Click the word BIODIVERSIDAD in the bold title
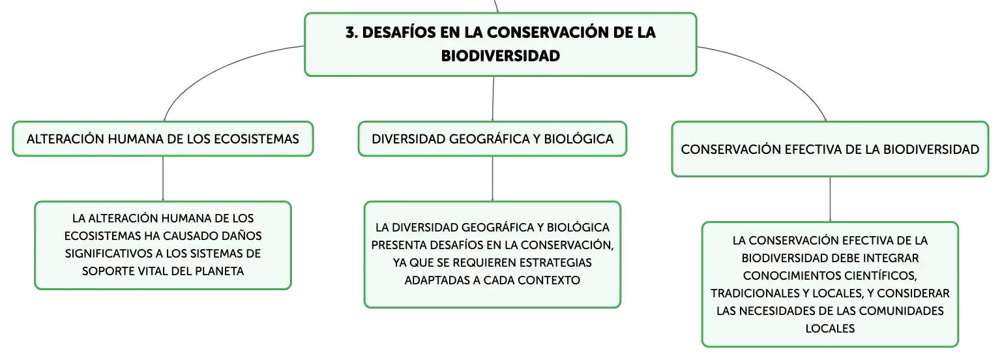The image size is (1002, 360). coord(501,56)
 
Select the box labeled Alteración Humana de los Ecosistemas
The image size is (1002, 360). coord(163,139)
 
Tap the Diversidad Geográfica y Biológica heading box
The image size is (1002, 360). coord(492,139)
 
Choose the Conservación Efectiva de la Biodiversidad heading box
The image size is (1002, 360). coord(831,149)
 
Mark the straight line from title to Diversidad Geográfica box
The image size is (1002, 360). coord(493,99)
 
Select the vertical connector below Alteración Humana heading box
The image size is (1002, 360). coord(163,179)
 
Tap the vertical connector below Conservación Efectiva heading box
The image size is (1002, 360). coord(831,200)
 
